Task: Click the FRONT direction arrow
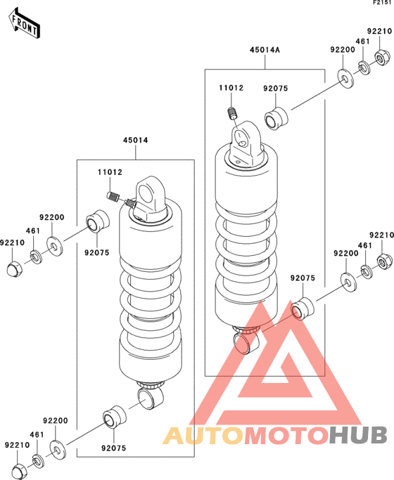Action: point(24,24)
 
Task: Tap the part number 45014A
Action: point(265,50)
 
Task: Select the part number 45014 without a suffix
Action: point(135,140)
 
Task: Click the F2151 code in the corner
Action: point(382,3)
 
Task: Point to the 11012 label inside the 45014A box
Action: point(231,88)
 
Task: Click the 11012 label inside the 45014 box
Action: point(110,172)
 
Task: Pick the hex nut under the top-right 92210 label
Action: point(383,57)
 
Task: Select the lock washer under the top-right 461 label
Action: point(364,68)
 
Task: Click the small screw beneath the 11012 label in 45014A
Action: point(232,113)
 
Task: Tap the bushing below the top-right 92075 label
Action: point(276,119)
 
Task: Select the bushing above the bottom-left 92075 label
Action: point(114,417)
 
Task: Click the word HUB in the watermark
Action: point(358,435)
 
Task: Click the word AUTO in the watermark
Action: point(203,435)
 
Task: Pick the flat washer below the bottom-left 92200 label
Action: point(57,450)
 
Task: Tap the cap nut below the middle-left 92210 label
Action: point(14,268)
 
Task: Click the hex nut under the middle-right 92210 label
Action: point(385,261)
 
